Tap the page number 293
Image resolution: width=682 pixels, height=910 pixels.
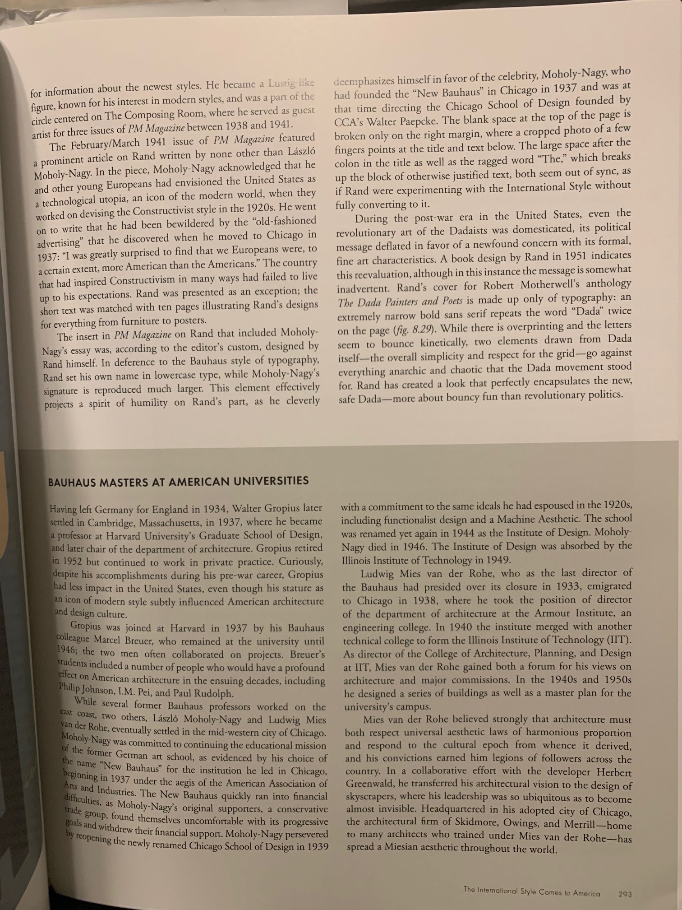point(625,894)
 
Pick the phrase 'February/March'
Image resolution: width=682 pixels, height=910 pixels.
point(106,144)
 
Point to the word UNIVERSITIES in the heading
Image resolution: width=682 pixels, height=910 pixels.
point(272,480)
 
